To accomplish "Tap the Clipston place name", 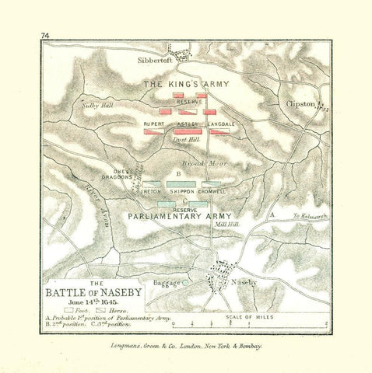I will (x=300, y=103).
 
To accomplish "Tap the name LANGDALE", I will (x=220, y=124).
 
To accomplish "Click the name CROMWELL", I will (x=212, y=190).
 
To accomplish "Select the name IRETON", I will (x=151, y=190).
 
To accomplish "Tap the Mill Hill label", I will (x=227, y=224).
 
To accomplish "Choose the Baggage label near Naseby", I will (x=167, y=283).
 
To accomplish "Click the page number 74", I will (x=45, y=36).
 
